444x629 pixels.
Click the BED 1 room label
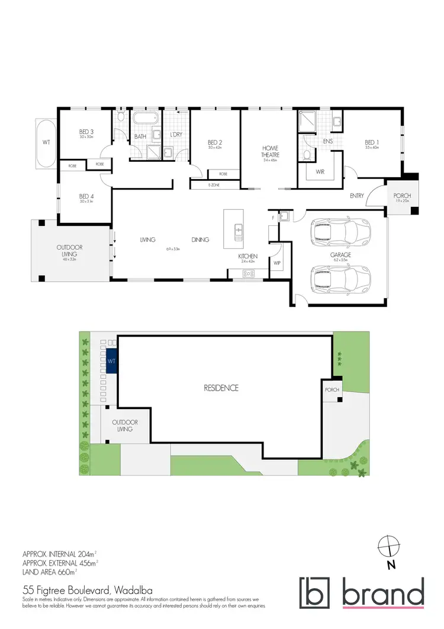tap(371, 142)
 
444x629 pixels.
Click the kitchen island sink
tap(238, 229)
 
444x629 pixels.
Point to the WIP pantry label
tap(276, 261)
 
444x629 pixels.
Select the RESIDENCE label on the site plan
tap(221, 388)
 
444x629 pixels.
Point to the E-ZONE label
tap(214, 185)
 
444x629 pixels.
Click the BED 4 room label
tap(86, 197)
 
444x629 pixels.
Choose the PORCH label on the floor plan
tap(402, 195)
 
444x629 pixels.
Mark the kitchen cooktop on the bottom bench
tap(249, 273)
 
